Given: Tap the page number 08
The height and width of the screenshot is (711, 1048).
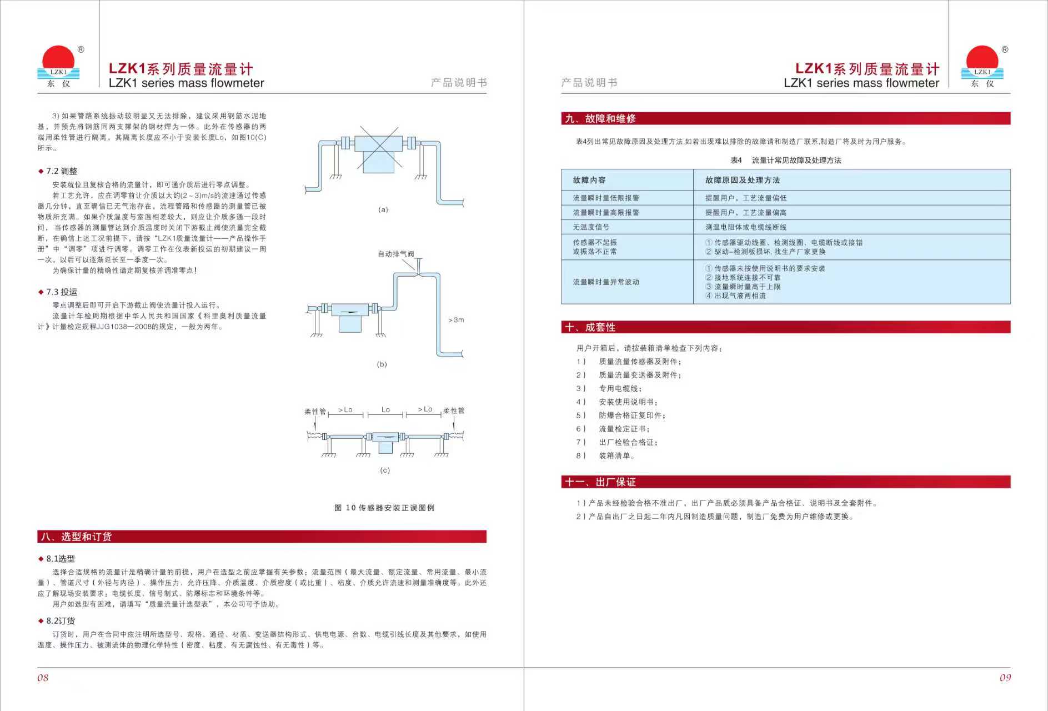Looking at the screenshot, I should tap(43, 678).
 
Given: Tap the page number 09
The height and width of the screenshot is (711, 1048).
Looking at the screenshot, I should tap(1005, 678).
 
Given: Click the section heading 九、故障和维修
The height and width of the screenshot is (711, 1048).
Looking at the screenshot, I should tap(600, 118).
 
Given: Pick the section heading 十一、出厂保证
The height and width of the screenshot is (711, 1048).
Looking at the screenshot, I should tap(600, 482).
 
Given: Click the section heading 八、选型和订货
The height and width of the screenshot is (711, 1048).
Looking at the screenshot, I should tap(76, 537).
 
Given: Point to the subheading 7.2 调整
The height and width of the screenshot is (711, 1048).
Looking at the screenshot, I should tap(61, 171).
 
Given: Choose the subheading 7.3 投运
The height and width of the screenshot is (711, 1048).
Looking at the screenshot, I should tap(61, 292).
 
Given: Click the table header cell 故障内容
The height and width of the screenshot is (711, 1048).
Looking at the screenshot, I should tap(589, 180).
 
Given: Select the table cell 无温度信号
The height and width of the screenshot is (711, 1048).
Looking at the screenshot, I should tap(591, 227).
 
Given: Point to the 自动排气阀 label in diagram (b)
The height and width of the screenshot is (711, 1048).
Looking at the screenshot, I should tap(395, 254).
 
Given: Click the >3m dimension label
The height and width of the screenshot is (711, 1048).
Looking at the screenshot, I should tap(456, 320).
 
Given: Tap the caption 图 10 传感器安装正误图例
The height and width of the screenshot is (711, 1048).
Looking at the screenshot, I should tap(384, 508).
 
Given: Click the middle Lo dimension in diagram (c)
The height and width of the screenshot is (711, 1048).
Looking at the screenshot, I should tap(385, 410).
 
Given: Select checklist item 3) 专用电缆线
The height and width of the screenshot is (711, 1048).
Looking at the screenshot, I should tap(620, 389).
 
